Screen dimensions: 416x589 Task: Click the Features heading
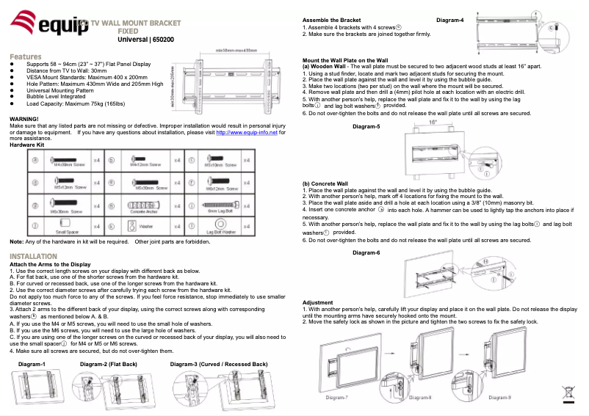click(26, 56)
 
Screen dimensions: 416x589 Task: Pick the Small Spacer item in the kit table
click(63, 225)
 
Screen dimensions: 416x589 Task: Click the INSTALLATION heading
click(34, 256)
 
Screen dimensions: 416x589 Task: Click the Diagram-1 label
click(32, 364)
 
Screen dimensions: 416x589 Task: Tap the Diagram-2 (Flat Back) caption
click(108, 364)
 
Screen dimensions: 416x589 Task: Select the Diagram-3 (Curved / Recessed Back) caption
click(218, 364)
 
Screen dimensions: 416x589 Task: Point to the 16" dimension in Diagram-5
click(433, 123)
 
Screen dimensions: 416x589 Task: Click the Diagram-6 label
click(366, 252)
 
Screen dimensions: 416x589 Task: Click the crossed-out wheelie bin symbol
click(569, 393)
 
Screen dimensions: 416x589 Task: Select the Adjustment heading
click(317, 302)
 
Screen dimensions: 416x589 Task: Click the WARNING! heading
click(24, 118)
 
